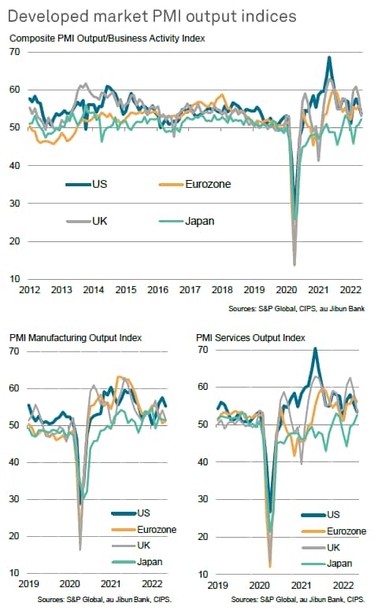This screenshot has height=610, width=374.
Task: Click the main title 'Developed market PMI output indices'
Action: click(152, 17)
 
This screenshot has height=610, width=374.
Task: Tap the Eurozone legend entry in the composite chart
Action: click(194, 184)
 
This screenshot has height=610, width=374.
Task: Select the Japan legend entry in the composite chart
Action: click(187, 221)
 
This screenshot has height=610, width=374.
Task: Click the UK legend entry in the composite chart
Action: click(87, 221)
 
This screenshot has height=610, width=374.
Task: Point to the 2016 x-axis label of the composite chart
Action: click(157, 290)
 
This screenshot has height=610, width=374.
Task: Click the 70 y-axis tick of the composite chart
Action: click(14, 52)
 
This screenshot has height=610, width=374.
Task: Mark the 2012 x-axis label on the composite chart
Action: click(30, 290)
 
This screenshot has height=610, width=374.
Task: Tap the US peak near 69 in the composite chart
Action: click(329, 57)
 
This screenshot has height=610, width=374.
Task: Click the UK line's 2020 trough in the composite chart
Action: click(294, 265)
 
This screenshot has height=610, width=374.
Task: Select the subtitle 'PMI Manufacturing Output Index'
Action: click(76, 338)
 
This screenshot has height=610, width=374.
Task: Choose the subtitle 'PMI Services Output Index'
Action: click(250, 338)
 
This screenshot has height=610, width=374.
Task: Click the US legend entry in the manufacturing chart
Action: click(131, 513)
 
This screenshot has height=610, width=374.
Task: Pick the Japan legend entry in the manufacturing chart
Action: click(137, 562)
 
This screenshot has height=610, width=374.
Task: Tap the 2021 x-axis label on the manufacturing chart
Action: click(111, 583)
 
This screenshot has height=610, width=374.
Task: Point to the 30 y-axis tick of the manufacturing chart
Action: click(14, 498)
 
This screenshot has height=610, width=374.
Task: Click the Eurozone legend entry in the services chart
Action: click(334, 531)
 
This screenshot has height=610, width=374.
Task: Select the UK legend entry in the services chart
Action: click(321, 547)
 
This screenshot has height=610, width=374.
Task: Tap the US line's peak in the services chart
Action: click(315, 348)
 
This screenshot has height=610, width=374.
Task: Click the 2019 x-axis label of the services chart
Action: click(218, 585)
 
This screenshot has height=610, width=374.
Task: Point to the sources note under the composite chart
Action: click(297, 309)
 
